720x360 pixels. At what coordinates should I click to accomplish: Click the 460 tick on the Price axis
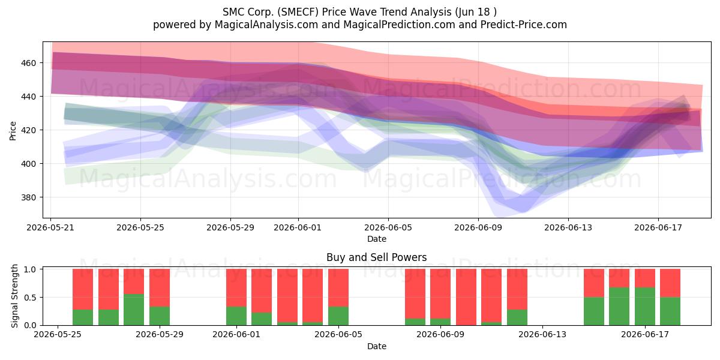pyautogui.click(x=28, y=63)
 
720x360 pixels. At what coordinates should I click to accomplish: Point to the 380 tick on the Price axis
pyautogui.click(x=28, y=197)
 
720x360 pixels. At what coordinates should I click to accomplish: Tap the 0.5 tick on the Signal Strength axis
pyautogui.click(x=30, y=298)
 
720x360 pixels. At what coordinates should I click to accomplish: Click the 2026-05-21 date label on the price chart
pyautogui.click(x=50, y=227)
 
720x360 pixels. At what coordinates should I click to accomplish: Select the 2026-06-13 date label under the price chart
pyautogui.click(x=568, y=227)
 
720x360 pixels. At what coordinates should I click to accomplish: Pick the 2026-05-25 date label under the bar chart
pyautogui.click(x=58, y=335)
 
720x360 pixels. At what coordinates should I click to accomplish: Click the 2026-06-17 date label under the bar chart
pyautogui.click(x=645, y=335)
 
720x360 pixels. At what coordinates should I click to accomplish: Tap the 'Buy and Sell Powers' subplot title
pyautogui.click(x=377, y=257)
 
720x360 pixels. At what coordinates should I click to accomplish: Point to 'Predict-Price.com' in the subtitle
pyautogui.click(x=524, y=25)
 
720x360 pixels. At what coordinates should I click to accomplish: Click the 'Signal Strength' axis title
pyautogui.click(x=14, y=296)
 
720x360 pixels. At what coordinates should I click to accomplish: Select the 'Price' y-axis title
pyautogui.click(x=13, y=131)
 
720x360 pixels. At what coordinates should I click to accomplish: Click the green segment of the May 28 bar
pyautogui.click(x=134, y=310)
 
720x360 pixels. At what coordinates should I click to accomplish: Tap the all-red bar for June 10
pyautogui.click(x=466, y=297)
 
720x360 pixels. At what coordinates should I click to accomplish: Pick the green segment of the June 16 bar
pyautogui.click(x=619, y=307)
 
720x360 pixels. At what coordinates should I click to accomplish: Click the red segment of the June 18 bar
pyautogui.click(x=670, y=283)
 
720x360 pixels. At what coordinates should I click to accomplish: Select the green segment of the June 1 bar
pyautogui.click(x=236, y=316)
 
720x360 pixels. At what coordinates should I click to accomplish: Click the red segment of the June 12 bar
pyautogui.click(x=517, y=289)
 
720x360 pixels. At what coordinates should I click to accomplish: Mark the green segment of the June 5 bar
pyautogui.click(x=338, y=316)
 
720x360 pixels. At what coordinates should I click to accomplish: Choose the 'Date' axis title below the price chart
pyautogui.click(x=377, y=239)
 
